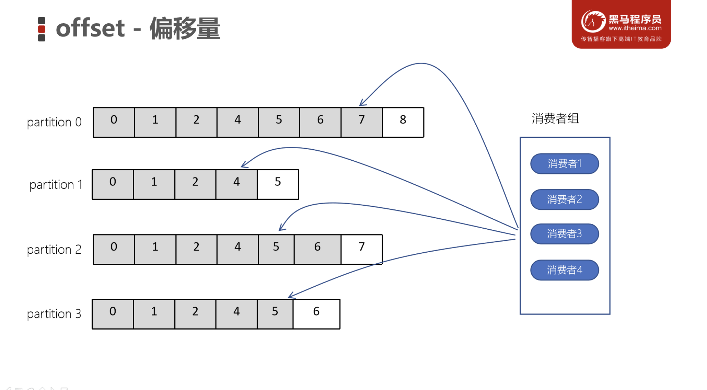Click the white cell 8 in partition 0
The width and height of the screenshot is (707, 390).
click(x=403, y=122)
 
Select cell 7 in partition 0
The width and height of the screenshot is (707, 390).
click(x=361, y=122)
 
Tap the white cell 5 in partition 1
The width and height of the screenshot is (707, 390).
click(x=278, y=184)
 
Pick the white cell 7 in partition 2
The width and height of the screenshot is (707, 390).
click(x=361, y=249)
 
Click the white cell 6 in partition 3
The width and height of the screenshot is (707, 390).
click(x=316, y=314)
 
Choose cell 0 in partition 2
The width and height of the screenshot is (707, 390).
click(x=114, y=249)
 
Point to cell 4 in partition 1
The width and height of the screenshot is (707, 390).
click(x=236, y=184)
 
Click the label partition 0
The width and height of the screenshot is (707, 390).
click(x=54, y=122)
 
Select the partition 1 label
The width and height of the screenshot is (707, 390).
click(x=56, y=185)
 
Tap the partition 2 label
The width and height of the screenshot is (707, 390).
click(x=54, y=250)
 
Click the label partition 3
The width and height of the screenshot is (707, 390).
click(x=54, y=314)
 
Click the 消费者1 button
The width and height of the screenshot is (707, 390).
click(x=564, y=164)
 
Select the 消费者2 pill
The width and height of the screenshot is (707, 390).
click(x=564, y=199)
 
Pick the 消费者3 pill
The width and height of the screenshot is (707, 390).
click(x=564, y=234)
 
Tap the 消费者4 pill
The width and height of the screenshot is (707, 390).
click(x=564, y=270)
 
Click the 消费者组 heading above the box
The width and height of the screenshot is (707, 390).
click(x=555, y=118)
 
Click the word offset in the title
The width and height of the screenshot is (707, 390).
click(x=90, y=28)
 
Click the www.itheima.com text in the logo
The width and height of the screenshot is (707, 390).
click(x=635, y=28)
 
